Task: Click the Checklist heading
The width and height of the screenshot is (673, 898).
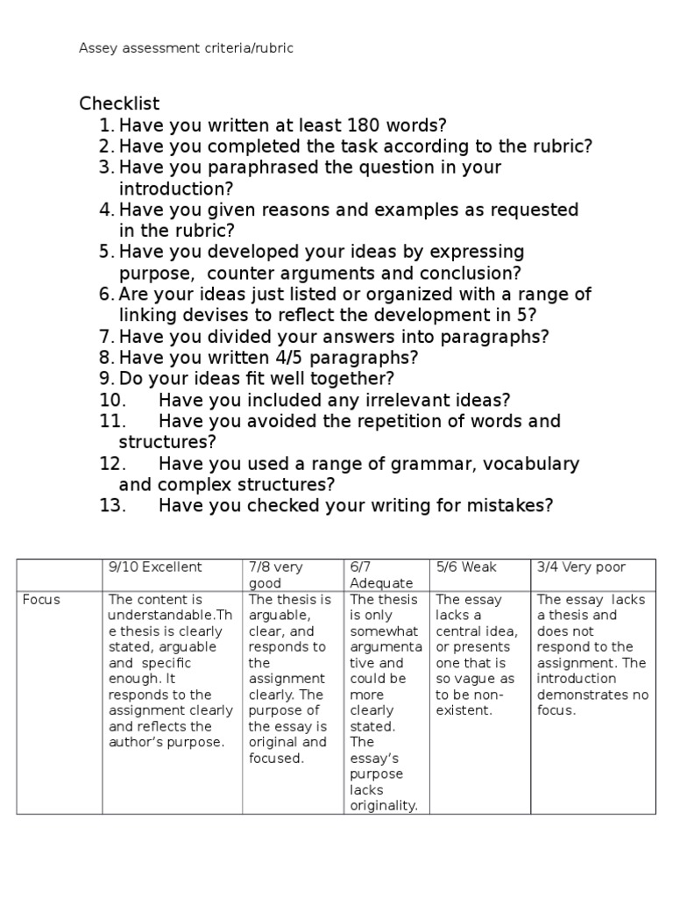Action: point(119,104)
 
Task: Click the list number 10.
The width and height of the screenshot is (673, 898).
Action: point(114,401)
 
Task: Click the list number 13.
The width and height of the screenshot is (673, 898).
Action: point(114,506)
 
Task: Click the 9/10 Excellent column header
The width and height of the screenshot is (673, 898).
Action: point(155,567)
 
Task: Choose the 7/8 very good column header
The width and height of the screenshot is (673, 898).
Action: point(276,575)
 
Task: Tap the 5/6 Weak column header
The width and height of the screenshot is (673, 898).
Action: point(466,567)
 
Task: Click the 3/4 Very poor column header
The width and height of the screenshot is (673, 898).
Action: point(581,567)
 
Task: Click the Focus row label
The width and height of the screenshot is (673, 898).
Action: point(41,600)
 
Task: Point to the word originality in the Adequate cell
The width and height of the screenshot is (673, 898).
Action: point(383,806)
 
